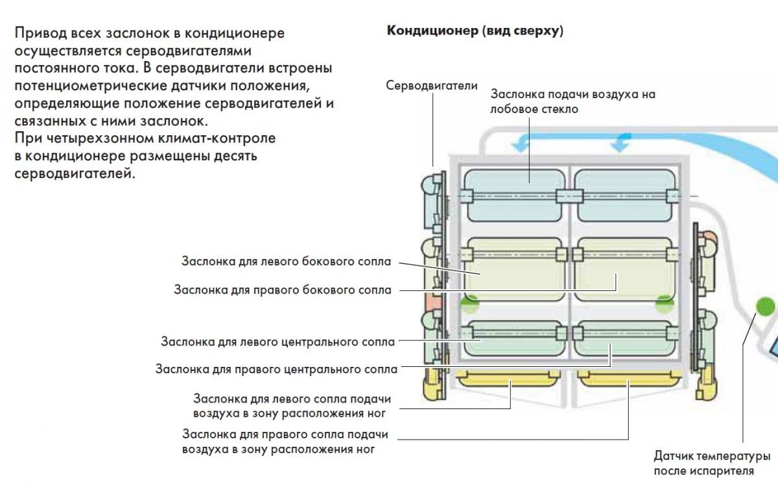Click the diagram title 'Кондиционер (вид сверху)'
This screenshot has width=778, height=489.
click(475, 31)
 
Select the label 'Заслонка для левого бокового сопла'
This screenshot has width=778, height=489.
click(286, 262)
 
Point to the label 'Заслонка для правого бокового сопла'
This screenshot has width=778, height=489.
click(282, 290)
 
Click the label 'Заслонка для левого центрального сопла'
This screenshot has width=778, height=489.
click(277, 341)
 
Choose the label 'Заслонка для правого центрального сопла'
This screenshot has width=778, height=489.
click(276, 370)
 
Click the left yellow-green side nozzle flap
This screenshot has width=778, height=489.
click(513, 270)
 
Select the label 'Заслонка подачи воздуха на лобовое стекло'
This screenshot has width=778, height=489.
click(573, 101)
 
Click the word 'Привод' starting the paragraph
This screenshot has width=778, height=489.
click(36, 33)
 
